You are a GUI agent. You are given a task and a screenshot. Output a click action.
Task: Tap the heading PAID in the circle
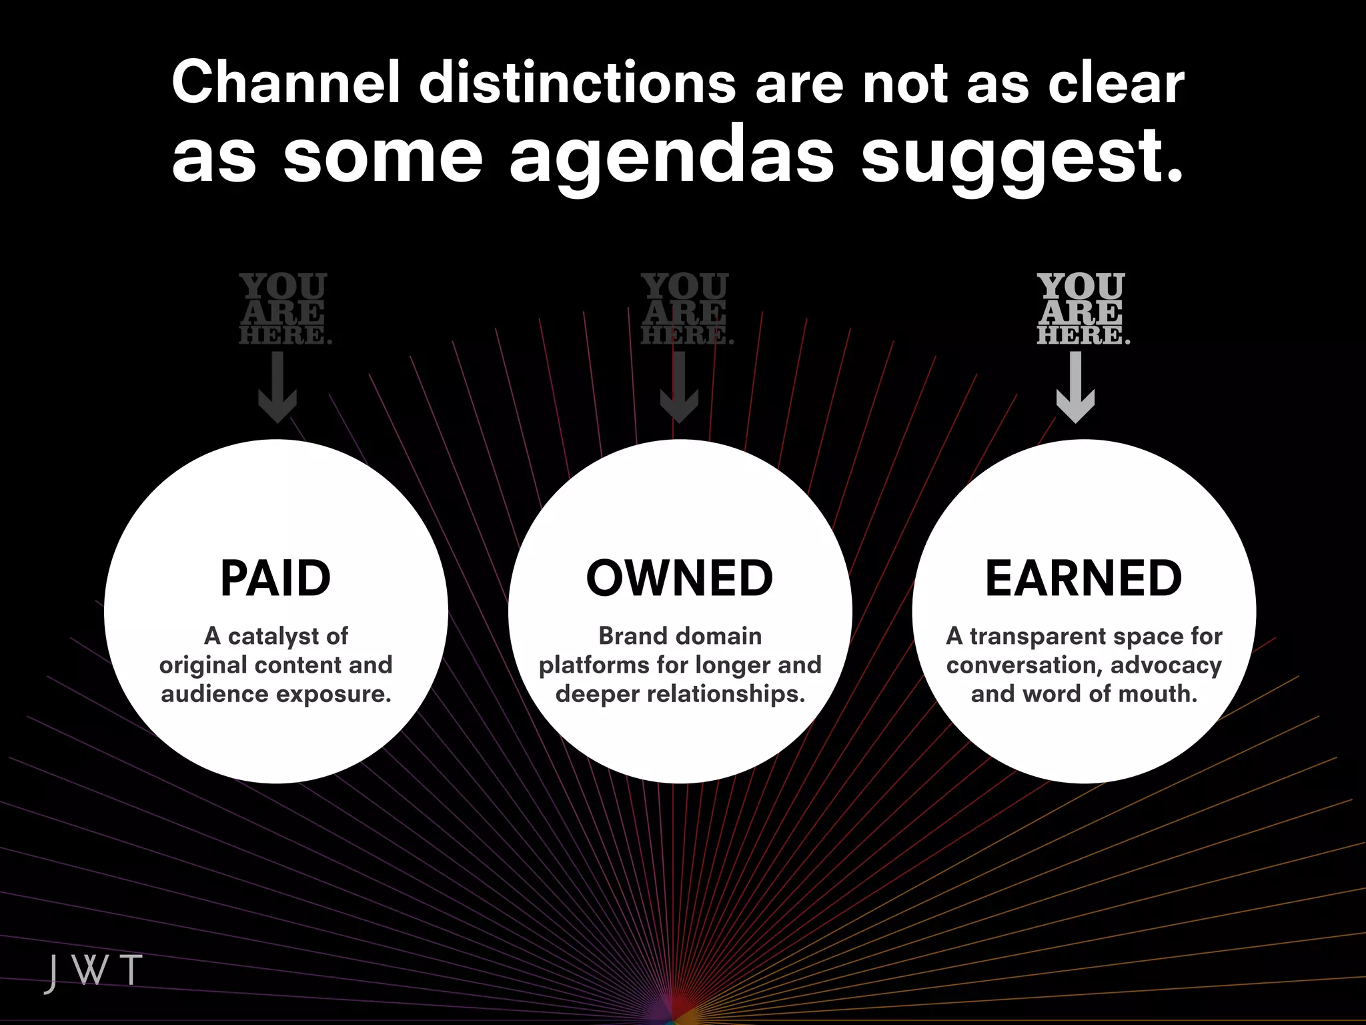click(x=275, y=579)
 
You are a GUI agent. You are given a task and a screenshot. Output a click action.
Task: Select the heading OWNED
click(x=680, y=579)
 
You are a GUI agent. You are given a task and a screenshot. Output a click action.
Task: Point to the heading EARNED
click(x=1083, y=579)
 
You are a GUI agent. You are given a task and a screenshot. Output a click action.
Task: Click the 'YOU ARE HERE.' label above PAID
click(x=284, y=309)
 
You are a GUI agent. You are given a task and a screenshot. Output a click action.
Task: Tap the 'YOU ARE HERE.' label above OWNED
click(x=686, y=309)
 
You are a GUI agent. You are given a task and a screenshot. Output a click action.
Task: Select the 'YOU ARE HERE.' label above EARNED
click(x=1082, y=309)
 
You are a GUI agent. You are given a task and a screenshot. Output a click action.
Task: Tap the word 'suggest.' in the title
click(x=1022, y=160)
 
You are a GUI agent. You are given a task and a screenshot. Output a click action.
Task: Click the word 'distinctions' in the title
click(x=578, y=83)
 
